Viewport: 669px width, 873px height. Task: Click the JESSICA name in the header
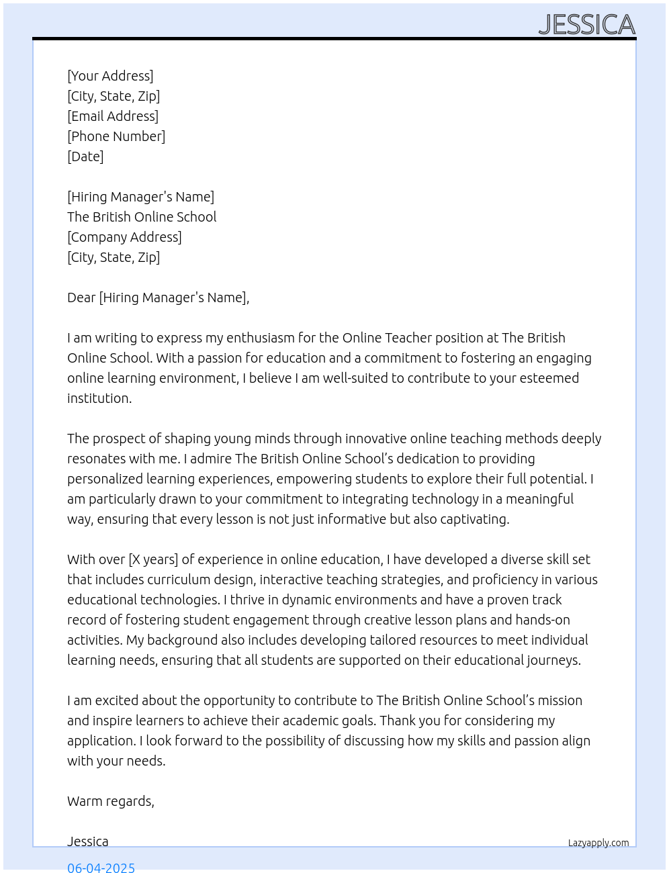[x=586, y=25]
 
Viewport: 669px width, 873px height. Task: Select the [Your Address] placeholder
[x=110, y=76]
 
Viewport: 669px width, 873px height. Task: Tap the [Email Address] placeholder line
[x=113, y=116]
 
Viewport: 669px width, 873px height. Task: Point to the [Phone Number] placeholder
[x=116, y=136]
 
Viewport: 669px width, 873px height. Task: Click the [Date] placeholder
[x=85, y=156]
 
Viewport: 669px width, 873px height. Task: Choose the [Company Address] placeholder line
[x=124, y=237]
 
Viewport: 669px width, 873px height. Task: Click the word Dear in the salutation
[x=81, y=297]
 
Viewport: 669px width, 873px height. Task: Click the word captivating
[x=471, y=519]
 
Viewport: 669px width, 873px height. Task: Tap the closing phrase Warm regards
[x=111, y=801]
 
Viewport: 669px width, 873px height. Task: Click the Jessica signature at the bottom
[x=88, y=841]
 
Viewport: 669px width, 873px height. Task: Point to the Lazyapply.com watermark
[x=598, y=843]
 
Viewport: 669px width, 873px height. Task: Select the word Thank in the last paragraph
[x=398, y=721]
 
